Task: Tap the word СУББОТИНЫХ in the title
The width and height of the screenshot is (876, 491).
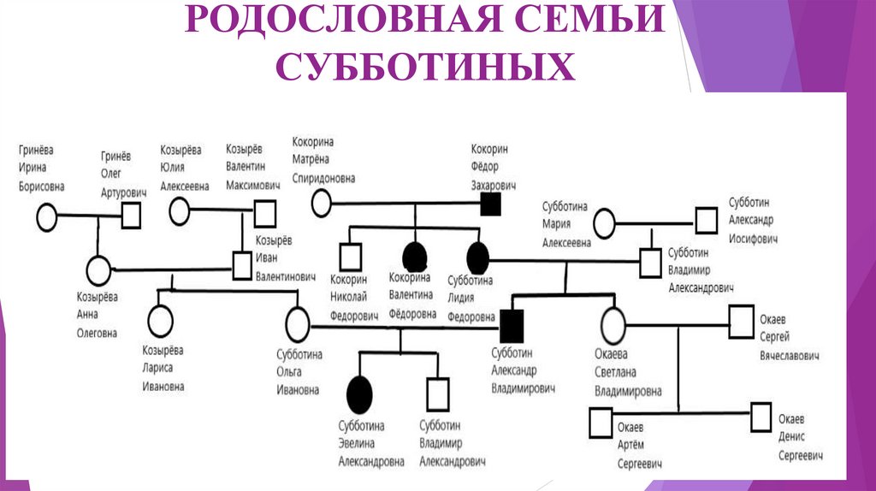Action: click(x=425, y=67)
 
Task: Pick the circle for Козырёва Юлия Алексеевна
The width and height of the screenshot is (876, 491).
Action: click(x=180, y=210)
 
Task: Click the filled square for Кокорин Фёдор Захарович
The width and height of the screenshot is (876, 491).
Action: click(x=490, y=204)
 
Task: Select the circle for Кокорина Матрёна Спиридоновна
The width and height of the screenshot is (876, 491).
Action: click(x=321, y=203)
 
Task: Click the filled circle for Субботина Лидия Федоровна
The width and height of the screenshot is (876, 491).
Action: click(x=477, y=255)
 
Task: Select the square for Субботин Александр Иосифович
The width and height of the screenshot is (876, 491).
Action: click(x=706, y=220)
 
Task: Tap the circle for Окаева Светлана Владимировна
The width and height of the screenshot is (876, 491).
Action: click(x=613, y=324)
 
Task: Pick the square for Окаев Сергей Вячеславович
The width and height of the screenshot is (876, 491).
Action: click(x=741, y=324)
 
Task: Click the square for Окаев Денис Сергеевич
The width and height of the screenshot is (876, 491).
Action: click(x=761, y=418)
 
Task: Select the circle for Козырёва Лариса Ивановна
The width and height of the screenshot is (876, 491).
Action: click(x=160, y=322)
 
